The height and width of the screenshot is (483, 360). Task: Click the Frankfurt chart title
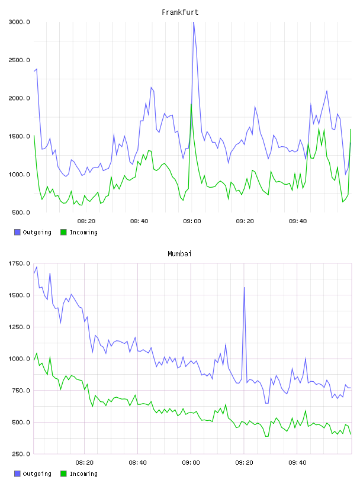[x=180, y=12]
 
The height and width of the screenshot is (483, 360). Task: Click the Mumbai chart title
[x=179, y=254]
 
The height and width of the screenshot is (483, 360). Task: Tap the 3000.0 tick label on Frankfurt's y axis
[x=19, y=22]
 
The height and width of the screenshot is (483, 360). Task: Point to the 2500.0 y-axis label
[x=19, y=60]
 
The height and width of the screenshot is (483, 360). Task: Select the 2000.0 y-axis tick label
[x=19, y=98]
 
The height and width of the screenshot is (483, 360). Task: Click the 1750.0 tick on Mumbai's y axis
[x=19, y=263]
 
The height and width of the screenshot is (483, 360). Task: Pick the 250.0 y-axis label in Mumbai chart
[x=21, y=454]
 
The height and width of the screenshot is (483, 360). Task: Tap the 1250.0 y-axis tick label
[x=19, y=327]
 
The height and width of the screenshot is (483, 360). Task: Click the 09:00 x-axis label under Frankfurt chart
[x=192, y=221]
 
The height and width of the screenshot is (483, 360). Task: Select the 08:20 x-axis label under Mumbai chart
[x=85, y=463]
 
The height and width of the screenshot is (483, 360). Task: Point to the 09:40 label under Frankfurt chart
[x=298, y=221]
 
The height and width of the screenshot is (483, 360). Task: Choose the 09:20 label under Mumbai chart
[x=244, y=463]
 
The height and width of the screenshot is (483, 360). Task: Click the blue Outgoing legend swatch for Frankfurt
[x=17, y=232]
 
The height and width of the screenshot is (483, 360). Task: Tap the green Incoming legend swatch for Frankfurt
[x=63, y=232]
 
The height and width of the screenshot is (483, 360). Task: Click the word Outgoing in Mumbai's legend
[x=37, y=474]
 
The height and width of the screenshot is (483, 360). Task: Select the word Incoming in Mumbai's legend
[x=83, y=474]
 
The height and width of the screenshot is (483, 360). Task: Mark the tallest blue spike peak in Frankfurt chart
[x=194, y=22]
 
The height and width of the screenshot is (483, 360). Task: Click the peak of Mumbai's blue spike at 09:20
[x=245, y=288]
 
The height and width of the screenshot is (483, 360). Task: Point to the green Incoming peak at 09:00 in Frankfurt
[x=191, y=104]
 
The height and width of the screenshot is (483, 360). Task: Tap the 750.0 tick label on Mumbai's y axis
[x=21, y=391]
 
